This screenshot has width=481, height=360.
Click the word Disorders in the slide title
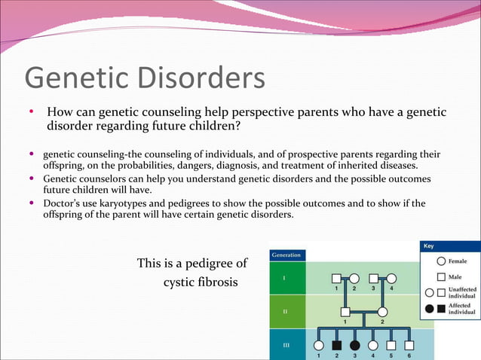coord(204,79)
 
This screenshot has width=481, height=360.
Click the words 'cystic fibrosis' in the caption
coord(201,282)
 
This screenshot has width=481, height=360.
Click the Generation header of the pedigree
coord(286,255)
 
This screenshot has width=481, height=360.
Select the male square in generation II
coord(345,312)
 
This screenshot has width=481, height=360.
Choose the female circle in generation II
coord(382,312)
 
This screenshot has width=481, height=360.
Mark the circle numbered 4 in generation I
coord(391,278)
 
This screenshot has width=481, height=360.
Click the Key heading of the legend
coord(428,246)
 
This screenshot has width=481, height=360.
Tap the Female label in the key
coord(458,261)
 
